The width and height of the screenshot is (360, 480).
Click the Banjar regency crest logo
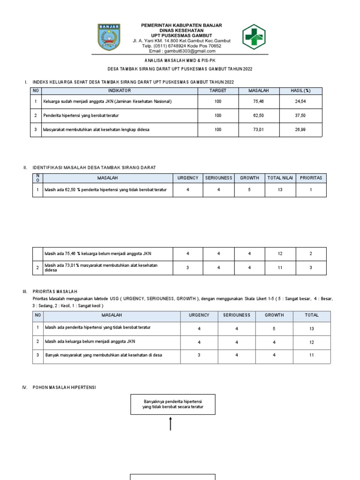[x=109, y=37]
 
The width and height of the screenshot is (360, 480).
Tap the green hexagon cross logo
[x=254, y=37]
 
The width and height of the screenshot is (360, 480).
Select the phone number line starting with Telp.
[x=175, y=46]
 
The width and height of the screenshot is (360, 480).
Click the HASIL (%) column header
[x=300, y=90]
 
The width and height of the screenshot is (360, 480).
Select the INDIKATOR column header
[x=120, y=90]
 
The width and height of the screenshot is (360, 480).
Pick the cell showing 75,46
[x=258, y=101]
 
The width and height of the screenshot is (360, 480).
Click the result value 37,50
[x=300, y=115]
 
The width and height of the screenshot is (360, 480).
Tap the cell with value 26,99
[x=300, y=129]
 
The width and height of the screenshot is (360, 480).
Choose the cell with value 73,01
[x=258, y=129]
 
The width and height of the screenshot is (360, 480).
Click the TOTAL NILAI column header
[x=280, y=178]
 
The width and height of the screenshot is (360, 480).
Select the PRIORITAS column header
[x=311, y=178]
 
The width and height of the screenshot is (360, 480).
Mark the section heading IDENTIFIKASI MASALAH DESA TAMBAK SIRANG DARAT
[x=94, y=167]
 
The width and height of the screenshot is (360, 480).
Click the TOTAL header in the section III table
[x=312, y=315]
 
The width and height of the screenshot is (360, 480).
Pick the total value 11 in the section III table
[x=312, y=355]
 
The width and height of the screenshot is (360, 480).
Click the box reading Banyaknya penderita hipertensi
[x=172, y=405]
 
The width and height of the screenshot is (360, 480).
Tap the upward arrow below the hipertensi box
[x=170, y=424]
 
